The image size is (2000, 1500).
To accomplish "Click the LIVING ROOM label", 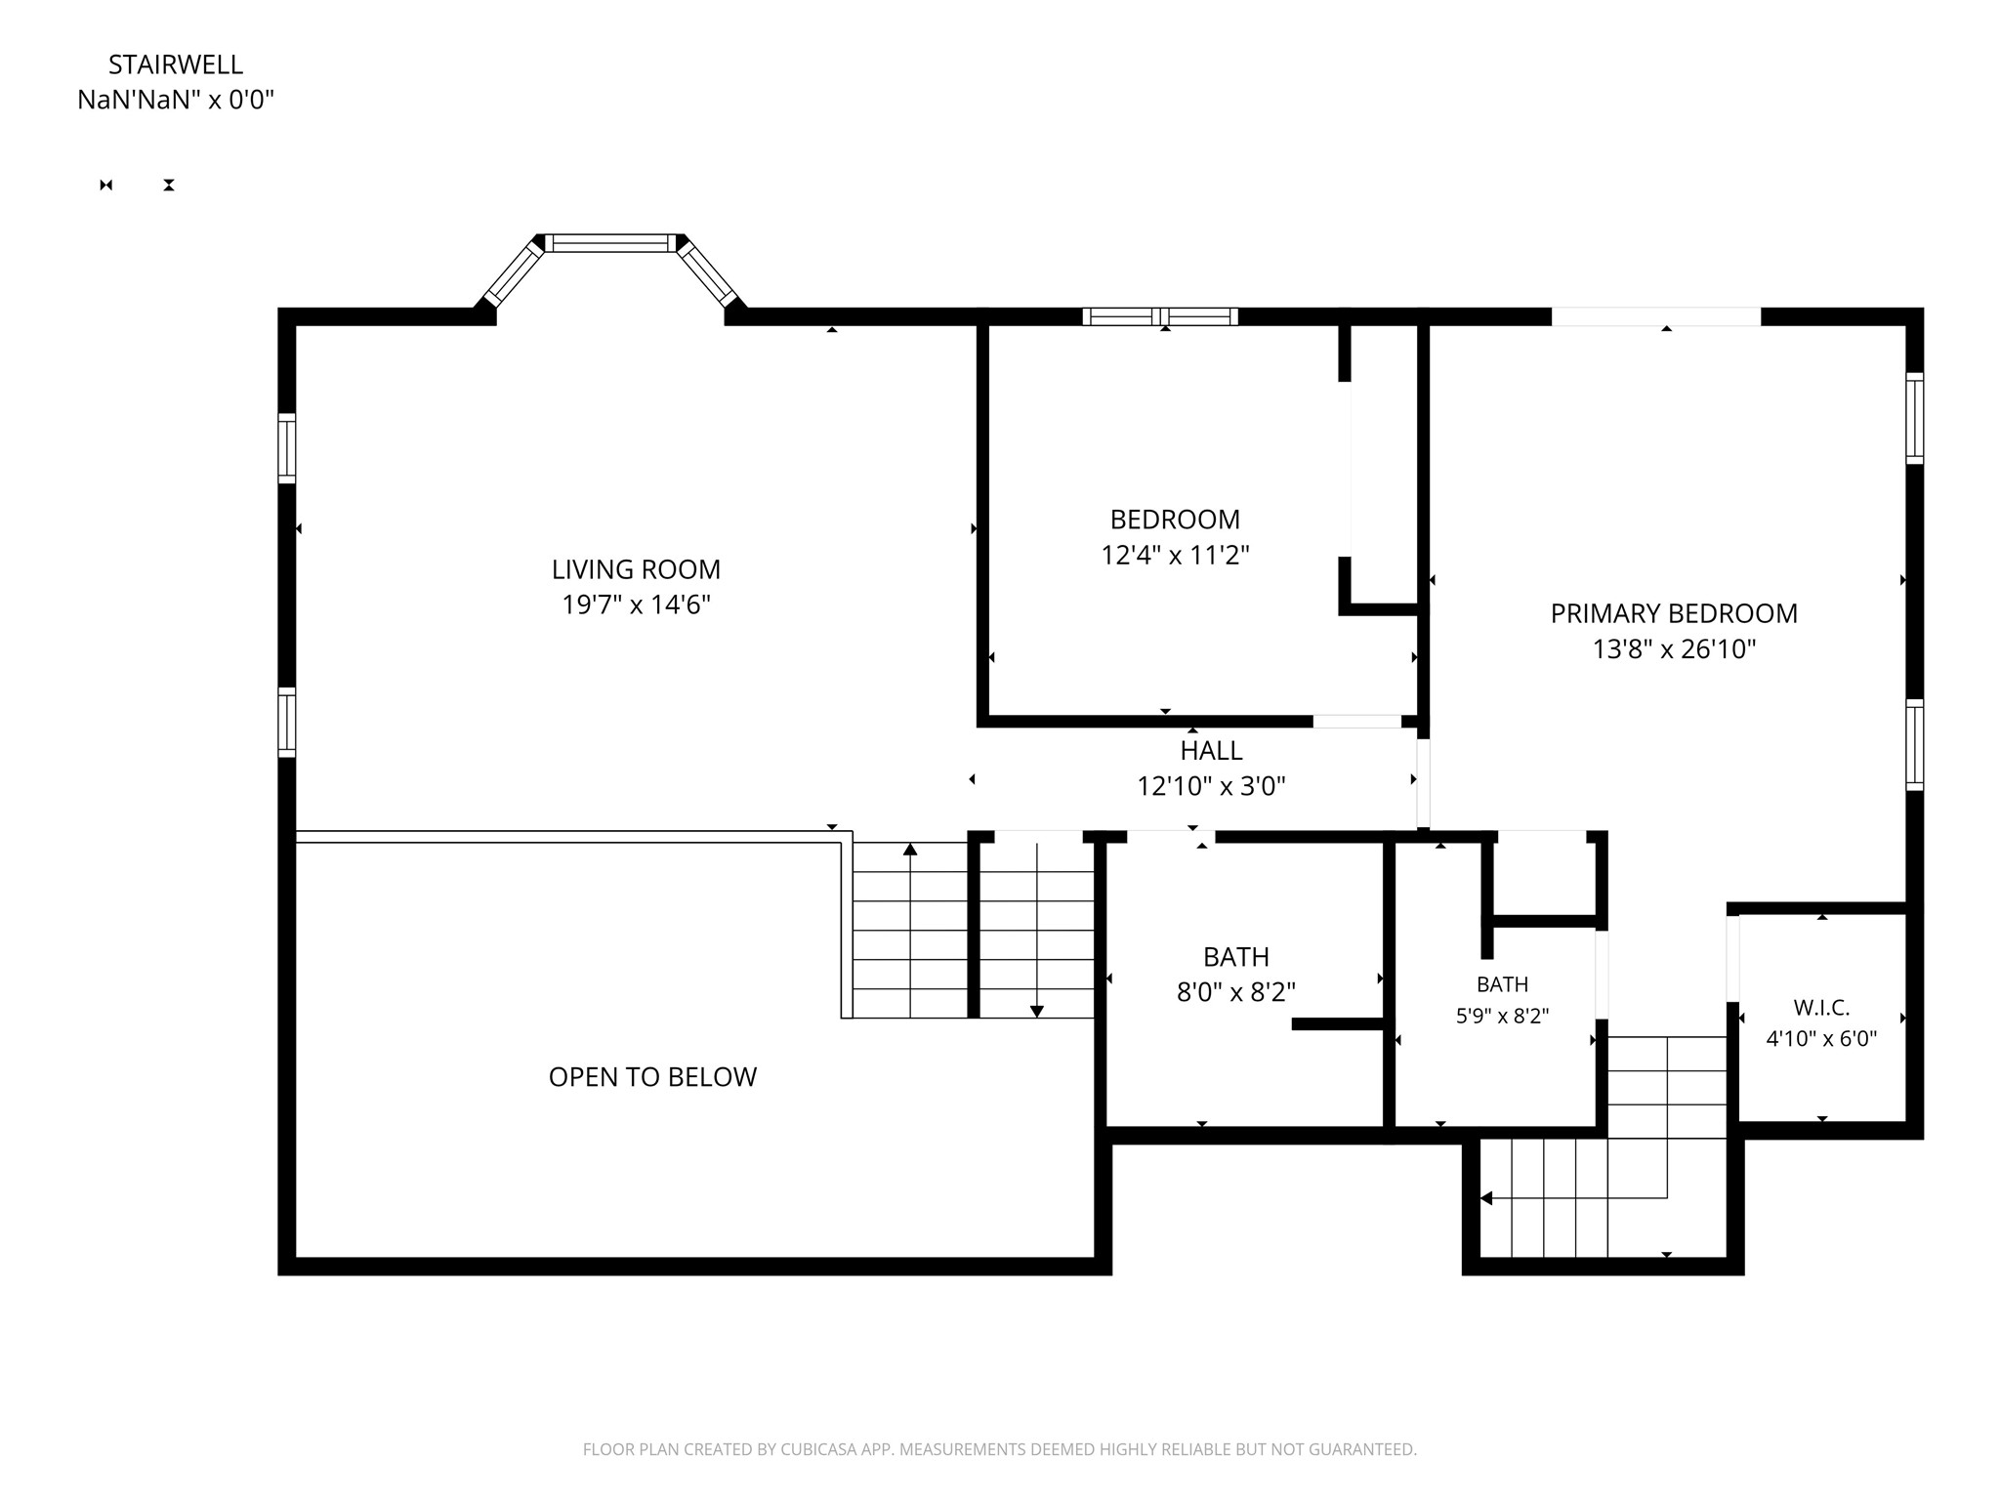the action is point(636,569).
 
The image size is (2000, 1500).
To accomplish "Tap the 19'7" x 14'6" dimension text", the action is point(636,605).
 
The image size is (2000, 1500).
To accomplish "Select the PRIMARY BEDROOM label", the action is point(1674,613).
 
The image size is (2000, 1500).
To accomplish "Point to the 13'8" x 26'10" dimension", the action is point(1674,649).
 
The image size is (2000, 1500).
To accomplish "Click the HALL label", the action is point(1211,750).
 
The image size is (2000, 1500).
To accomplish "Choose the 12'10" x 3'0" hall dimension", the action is point(1211,786).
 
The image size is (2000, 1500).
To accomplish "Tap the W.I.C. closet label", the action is point(1821,1007).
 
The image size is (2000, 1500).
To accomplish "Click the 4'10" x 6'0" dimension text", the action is point(1821,1039).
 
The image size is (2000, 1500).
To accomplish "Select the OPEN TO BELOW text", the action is point(652,1076).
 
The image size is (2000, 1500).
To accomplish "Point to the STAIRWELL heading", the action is point(176,64).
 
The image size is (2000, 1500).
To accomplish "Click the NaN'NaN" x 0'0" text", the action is point(176,100).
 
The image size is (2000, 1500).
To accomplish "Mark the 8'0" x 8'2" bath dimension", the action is point(1236,992).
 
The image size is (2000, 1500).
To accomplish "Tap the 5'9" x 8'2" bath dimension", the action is point(1502,1016).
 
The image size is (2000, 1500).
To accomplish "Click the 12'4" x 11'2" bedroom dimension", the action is point(1175,556).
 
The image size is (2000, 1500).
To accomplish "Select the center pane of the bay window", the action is point(610,243).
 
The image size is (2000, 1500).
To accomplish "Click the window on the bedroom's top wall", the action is point(1160,316).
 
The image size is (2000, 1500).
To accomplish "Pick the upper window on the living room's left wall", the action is point(287,448).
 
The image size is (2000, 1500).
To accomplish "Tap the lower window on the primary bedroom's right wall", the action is point(1915,745).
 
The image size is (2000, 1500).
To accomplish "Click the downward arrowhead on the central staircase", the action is point(1037,1012).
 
